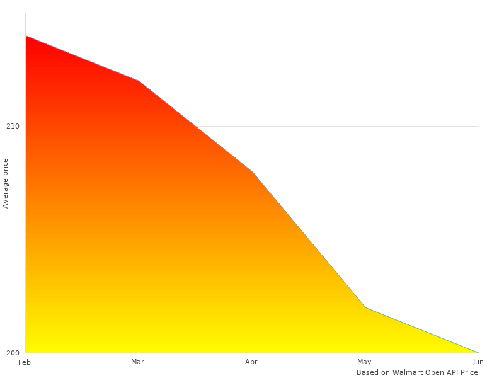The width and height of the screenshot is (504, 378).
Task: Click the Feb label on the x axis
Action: click(25, 362)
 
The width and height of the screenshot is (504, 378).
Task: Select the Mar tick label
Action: click(137, 362)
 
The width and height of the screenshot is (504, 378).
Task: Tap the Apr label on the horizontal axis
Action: click(251, 362)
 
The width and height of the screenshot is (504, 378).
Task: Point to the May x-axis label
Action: click(364, 362)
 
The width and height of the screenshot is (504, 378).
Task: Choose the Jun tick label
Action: click(478, 362)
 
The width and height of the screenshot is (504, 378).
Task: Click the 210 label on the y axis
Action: click(13, 126)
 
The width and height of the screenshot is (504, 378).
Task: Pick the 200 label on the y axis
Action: click(13, 353)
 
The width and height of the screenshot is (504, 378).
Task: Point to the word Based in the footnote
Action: click(367, 372)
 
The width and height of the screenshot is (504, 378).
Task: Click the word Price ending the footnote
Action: click(469, 372)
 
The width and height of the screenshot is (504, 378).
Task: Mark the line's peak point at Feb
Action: click(25, 36)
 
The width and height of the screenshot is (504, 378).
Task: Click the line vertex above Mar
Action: click(139, 81)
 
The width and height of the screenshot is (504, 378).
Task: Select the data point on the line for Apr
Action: click(252, 171)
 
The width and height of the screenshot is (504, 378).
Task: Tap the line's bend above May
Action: click(365, 307)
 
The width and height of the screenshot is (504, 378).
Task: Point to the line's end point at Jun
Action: click(478, 353)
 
